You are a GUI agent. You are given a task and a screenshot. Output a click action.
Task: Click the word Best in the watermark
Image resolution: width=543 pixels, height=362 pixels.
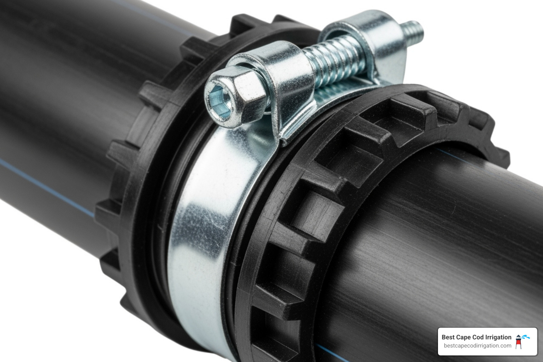pos(448,337)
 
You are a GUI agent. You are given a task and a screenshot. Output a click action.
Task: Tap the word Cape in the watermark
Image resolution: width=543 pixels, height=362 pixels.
pos(464,337)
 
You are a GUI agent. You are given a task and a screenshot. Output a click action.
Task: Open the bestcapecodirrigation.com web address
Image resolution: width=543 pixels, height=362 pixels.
pos(477,346)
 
